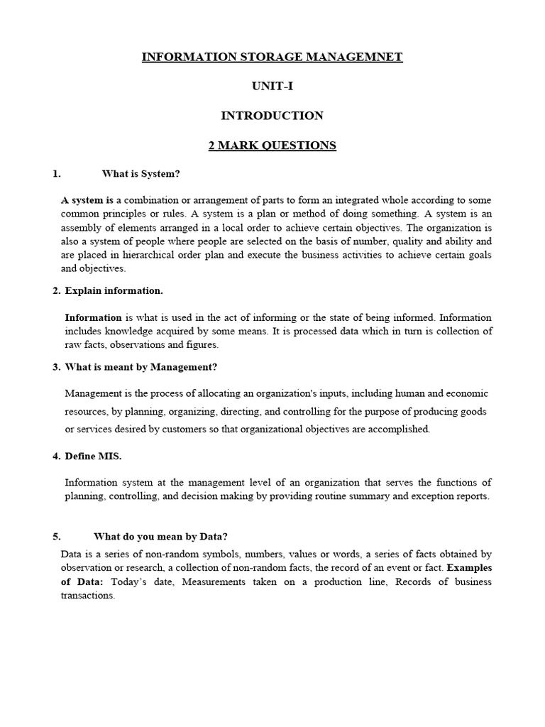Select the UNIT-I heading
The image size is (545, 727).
(272, 86)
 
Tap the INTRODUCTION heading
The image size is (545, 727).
(272, 116)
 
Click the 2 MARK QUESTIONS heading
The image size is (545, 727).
(272, 146)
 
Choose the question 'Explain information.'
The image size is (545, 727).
(114, 290)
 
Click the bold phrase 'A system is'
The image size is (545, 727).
(87, 201)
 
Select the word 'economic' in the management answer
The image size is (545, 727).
(467, 393)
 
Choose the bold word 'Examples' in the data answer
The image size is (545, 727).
(469, 568)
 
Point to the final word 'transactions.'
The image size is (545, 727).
(87, 596)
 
